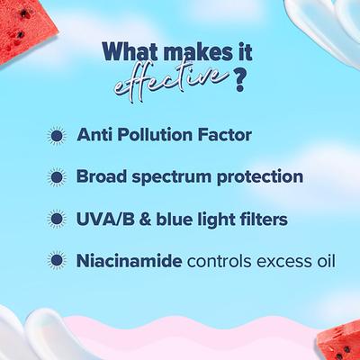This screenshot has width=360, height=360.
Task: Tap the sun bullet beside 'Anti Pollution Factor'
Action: (57, 136)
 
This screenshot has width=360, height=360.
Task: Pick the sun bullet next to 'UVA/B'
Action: (57, 220)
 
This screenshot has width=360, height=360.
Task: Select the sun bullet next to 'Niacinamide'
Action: (57, 262)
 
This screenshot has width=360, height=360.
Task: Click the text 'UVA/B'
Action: (101, 220)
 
